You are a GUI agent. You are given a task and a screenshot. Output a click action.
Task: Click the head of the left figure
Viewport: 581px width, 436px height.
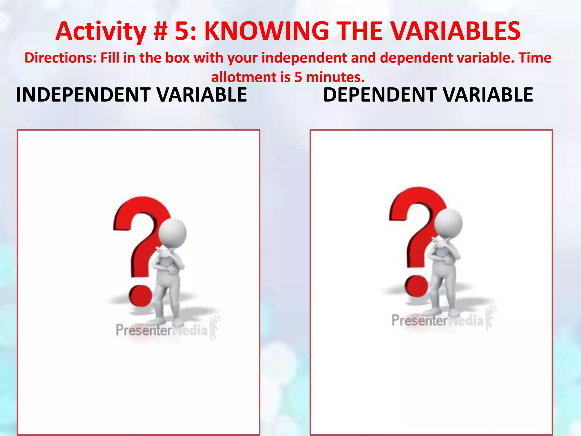(x=172, y=233)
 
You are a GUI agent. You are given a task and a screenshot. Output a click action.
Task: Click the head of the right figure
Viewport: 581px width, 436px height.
(x=448, y=223)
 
